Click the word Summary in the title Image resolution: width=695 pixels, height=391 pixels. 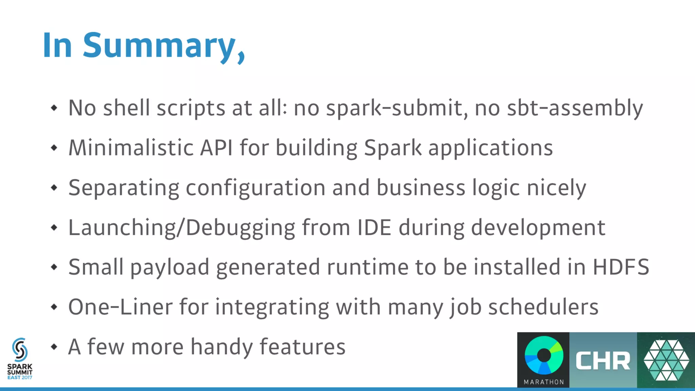click(x=159, y=46)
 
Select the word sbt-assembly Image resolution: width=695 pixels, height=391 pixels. click(x=575, y=108)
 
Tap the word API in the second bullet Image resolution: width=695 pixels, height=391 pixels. click(x=216, y=148)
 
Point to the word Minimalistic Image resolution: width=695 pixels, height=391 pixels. click(x=131, y=148)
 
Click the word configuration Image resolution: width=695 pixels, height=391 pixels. click(x=256, y=188)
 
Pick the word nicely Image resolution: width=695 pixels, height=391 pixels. click(x=556, y=188)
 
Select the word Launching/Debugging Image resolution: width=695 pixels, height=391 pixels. click(x=182, y=228)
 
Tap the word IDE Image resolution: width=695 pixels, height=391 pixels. click(x=374, y=227)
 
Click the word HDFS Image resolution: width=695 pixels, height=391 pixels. click(x=621, y=267)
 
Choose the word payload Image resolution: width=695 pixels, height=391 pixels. click(x=170, y=267)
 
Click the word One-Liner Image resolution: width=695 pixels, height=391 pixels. click(x=120, y=307)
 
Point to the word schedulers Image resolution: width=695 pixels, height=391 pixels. click(x=543, y=307)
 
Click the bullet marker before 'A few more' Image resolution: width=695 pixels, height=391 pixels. click(x=54, y=347)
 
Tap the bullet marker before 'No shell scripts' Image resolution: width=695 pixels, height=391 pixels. click(x=54, y=108)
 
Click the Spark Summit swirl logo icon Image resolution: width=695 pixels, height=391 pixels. click(x=20, y=350)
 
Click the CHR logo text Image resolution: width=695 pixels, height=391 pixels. click(x=603, y=361)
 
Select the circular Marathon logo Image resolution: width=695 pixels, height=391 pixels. click(x=544, y=356)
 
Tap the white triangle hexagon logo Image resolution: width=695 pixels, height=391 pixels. click(x=666, y=360)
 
